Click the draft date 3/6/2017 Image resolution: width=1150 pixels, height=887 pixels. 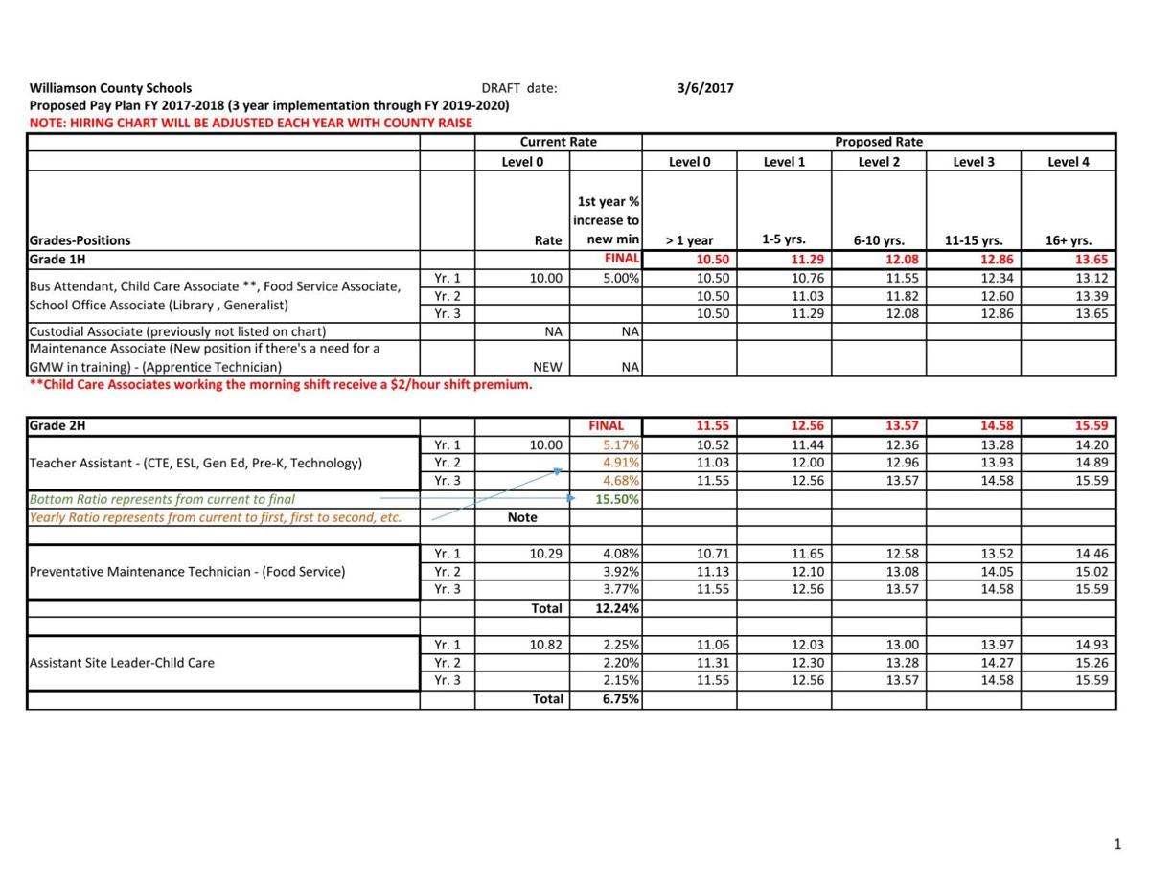tap(705, 88)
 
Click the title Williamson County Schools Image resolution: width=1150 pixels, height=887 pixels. tap(110, 88)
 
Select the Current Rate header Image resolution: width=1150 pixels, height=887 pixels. tap(558, 142)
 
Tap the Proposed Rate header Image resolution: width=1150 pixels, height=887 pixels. tap(878, 142)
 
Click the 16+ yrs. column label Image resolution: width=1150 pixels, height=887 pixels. tap(1069, 241)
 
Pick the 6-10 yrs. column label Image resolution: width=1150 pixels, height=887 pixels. tap(879, 241)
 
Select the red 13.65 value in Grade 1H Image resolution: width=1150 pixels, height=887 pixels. tap(1092, 260)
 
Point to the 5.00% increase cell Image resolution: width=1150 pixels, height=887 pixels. tap(621, 278)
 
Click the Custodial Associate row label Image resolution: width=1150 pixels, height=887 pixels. tap(177, 331)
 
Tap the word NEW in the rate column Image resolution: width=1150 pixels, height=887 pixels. tap(547, 367)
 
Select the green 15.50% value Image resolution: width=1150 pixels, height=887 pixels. tap(618, 499)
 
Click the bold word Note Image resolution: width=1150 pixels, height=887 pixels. tap(522, 517)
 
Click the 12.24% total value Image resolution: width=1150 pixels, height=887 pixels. tap(618, 608)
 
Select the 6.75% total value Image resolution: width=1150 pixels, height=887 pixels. tap(621, 699)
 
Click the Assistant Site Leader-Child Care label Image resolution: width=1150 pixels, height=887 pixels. tap(122, 663)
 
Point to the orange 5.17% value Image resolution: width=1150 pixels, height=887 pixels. tap(621, 444)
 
